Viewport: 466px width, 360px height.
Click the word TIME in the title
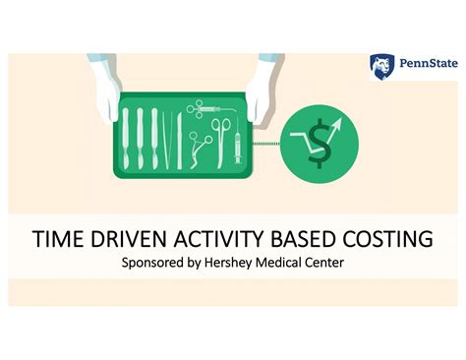pos(57,240)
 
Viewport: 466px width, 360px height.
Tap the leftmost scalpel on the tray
pos(127,133)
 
